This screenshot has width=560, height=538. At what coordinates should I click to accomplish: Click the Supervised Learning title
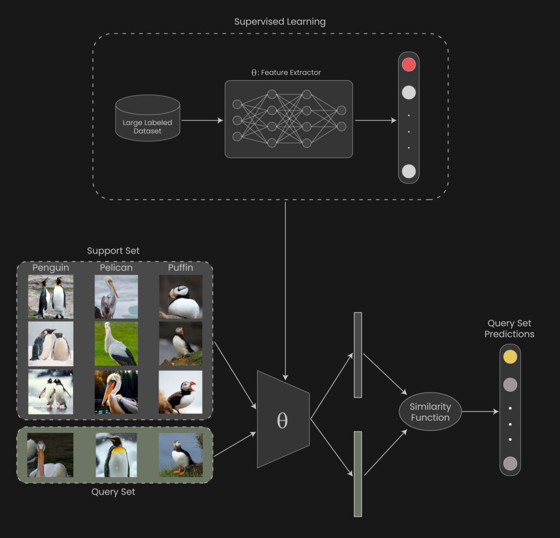tap(279, 22)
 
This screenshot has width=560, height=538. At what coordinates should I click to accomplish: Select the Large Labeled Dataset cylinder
tap(147, 117)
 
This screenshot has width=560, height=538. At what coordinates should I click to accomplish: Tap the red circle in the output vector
tap(409, 65)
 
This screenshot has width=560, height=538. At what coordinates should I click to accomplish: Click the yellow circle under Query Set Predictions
tap(510, 356)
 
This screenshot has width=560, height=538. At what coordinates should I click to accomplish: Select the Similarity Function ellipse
tap(430, 412)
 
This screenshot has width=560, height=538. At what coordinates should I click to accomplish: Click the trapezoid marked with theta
tap(283, 420)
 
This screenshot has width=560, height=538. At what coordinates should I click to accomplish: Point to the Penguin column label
tap(50, 268)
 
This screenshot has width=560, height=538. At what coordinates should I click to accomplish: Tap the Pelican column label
tap(116, 268)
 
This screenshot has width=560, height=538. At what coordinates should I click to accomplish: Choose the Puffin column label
tap(180, 268)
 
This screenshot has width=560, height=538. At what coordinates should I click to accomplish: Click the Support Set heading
tap(113, 251)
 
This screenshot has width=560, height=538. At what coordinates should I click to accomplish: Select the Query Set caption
tap(113, 492)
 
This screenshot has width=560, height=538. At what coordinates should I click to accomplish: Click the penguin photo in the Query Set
tap(116, 455)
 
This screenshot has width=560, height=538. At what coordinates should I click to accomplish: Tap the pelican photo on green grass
tap(116, 344)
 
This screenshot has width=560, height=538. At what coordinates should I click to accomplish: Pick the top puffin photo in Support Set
tap(180, 297)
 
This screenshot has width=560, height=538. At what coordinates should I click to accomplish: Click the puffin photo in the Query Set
tap(180, 455)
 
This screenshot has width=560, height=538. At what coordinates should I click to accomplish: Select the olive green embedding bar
tap(358, 473)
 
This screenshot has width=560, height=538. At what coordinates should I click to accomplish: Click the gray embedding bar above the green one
tap(358, 354)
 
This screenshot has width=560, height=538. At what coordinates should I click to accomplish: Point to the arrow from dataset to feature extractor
tap(202, 120)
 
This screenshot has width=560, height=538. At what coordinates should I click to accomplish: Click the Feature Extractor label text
tap(286, 72)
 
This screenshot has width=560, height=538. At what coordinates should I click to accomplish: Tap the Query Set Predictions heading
tap(509, 329)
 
